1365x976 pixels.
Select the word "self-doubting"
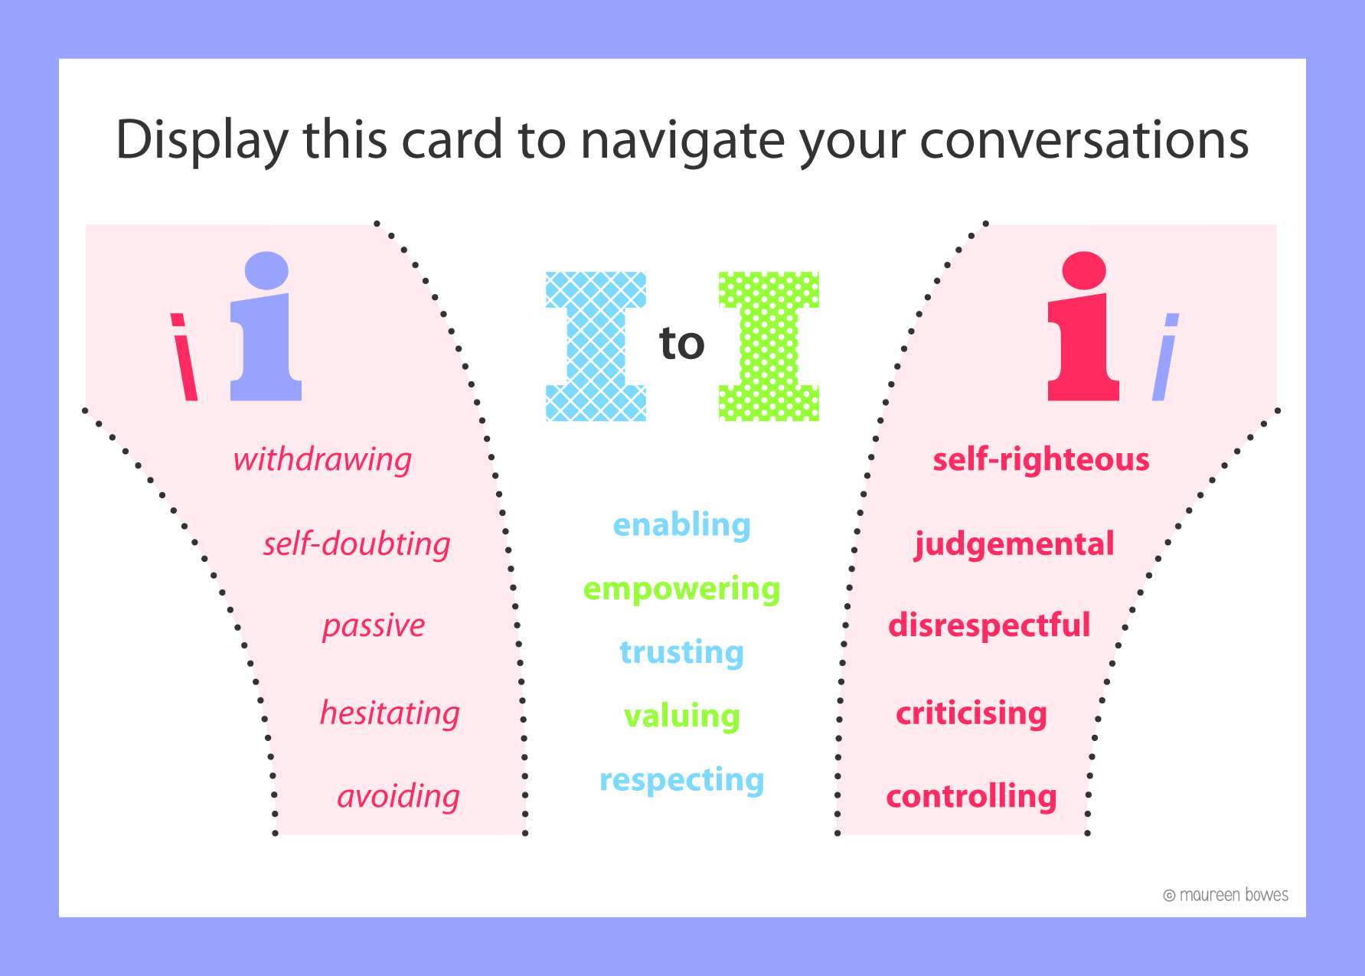pos(357,544)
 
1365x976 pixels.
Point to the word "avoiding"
pos(398,797)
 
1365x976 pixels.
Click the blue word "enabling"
pos(682,526)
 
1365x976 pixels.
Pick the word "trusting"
pos(682,653)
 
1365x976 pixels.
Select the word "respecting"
pos(682,781)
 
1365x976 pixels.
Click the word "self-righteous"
pos(1041,460)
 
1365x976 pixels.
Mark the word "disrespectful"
pos(989,625)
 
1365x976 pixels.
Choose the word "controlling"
pos(972,796)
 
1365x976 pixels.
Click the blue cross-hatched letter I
pos(596,346)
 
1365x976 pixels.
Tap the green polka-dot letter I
pos(769,346)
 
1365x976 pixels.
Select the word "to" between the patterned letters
pos(682,344)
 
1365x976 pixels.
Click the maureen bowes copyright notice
pos(1226,895)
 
